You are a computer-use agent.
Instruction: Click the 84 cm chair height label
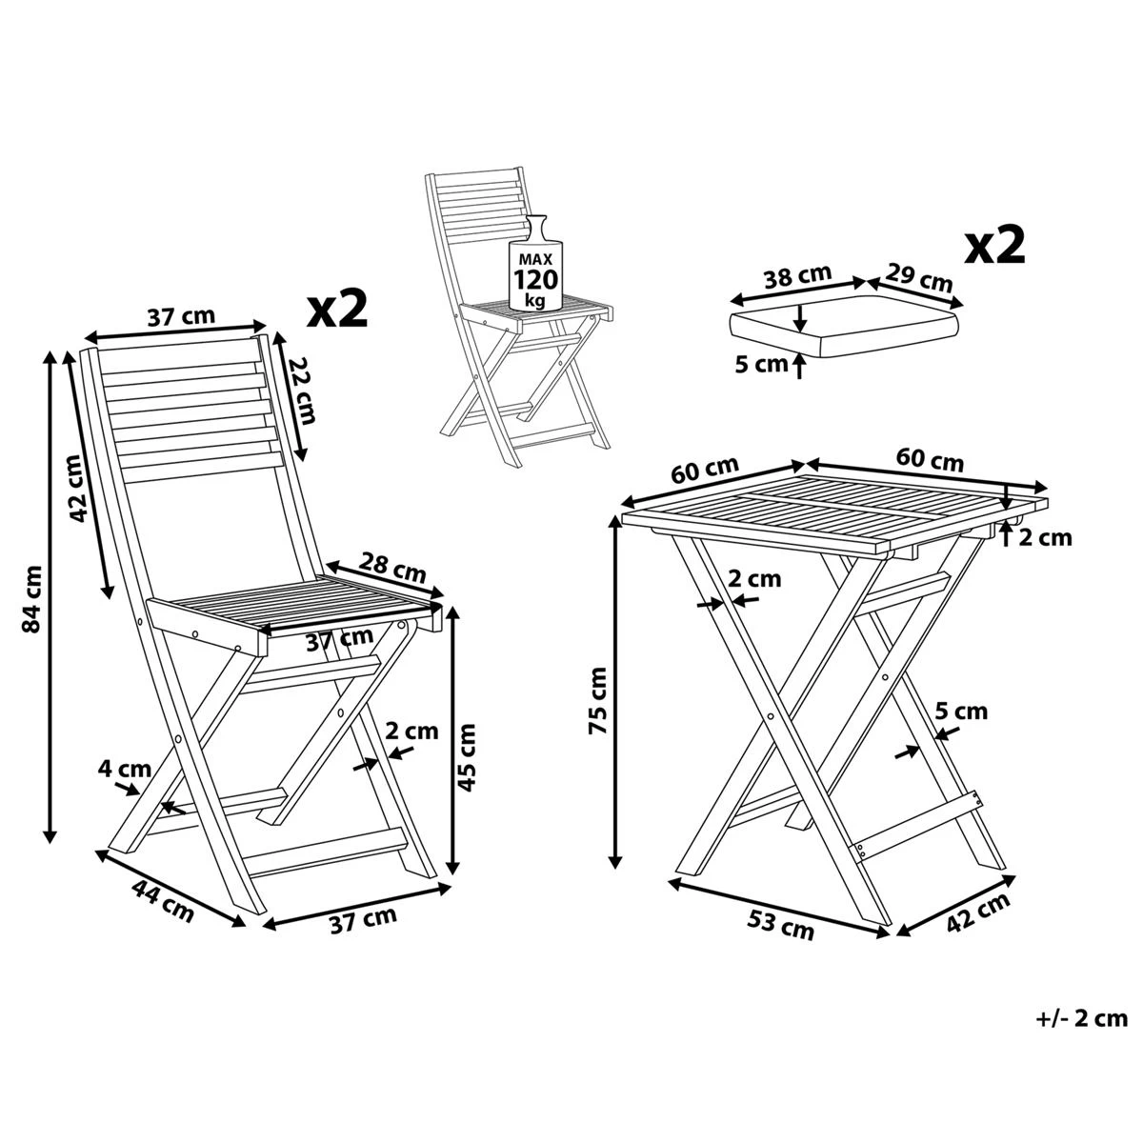(32, 599)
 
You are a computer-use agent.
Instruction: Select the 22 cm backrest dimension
(300, 391)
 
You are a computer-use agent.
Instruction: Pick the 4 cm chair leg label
(125, 769)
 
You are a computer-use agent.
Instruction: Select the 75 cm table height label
(596, 700)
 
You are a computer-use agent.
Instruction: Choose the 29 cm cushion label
(918, 277)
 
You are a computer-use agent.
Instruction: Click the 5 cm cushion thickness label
(763, 363)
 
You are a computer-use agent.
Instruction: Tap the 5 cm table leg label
(961, 712)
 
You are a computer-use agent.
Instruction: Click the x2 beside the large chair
(337, 310)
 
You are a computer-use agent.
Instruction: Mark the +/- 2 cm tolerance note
(1079, 1019)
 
